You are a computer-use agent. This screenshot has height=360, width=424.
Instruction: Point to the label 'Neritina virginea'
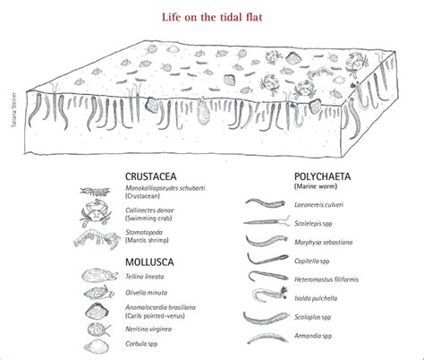click(x=146, y=327)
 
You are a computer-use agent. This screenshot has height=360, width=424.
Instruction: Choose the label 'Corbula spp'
click(x=138, y=342)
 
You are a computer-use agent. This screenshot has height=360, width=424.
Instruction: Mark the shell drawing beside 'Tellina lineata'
click(x=94, y=277)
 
